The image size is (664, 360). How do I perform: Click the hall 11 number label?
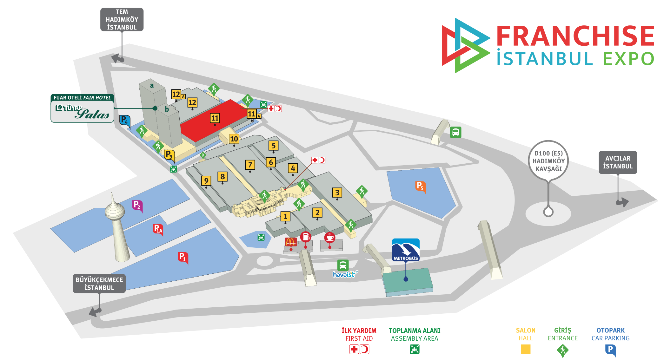215,118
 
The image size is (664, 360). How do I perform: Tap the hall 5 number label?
273,146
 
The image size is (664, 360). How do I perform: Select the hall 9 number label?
206,181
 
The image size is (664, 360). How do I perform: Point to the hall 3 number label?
337,193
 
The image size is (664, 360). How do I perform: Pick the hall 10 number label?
234,139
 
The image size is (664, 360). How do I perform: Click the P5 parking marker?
420,186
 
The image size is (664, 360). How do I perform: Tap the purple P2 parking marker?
137,205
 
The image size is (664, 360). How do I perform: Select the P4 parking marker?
125,121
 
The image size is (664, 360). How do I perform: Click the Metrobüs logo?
406,250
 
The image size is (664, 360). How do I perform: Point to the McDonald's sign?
291,242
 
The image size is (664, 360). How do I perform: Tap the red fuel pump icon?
306,237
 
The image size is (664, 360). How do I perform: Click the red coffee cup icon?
330,237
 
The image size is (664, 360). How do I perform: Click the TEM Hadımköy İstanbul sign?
122,20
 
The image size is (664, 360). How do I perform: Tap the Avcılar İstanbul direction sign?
618,162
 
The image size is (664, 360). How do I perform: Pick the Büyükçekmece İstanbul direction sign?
99,284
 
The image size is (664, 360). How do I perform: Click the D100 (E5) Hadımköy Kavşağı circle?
548,161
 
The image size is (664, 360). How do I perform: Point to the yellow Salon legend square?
526,349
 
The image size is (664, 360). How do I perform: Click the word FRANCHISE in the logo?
575,36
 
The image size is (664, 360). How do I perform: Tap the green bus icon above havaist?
343,265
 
